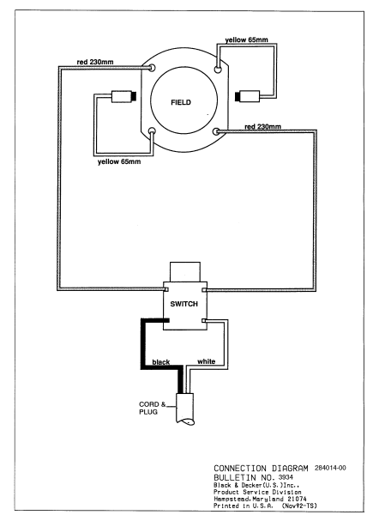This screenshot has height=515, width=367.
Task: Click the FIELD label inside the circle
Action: click(180, 101)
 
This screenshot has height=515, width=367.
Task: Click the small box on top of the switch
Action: click(183, 272)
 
